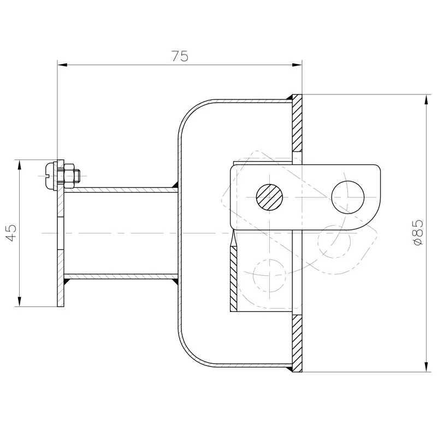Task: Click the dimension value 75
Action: pyautogui.click(x=180, y=56)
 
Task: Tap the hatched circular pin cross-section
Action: pyautogui.click(x=269, y=196)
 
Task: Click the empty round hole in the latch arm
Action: pyautogui.click(x=348, y=196)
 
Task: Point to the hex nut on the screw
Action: pyautogui.click(x=69, y=175)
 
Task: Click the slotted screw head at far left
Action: pyautogui.click(x=51, y=175)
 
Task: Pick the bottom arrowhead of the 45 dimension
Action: pyautogui.click(x=20, y=303)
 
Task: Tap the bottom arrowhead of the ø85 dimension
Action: pyautogui.click(x=426, y=369)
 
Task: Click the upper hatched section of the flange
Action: pyautogui.click(x=297, y=123)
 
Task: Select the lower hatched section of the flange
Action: pyautogui.click(x=297, y=344)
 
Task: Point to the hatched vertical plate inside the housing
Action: pyautogui.click(x=234, y=276)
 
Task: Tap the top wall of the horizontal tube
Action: pyautogui.click(x=120, y=189)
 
